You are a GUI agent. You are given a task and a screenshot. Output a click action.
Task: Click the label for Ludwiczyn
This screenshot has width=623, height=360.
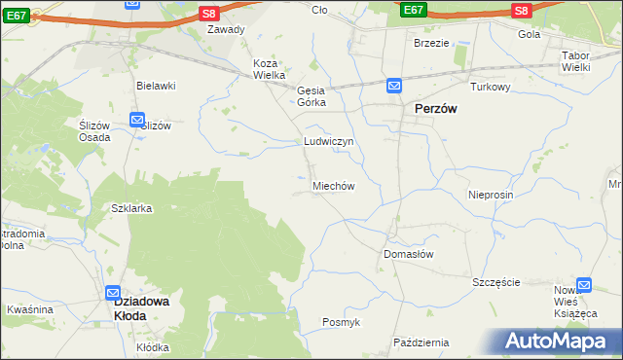coord(328,141)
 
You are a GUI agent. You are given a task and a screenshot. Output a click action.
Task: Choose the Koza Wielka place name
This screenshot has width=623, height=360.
coord(269,69)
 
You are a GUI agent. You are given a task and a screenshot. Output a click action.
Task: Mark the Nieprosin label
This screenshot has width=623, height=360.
coord(490,195)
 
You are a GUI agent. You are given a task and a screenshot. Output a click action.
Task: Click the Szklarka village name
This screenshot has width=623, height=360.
coord(132,208)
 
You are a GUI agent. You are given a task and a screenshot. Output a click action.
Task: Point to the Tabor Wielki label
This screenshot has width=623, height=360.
coord(582,62)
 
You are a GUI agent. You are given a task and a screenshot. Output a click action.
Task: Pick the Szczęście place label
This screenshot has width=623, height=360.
coord(496,282)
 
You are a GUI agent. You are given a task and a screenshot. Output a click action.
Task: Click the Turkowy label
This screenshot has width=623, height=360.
coord(491,87)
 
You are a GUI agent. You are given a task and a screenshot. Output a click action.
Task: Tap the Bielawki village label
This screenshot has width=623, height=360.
coord(156,86)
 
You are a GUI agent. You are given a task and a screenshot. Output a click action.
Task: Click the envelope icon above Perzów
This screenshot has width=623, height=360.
coord(394,87)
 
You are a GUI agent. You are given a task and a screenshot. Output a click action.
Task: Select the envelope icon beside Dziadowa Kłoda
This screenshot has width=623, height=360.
coord(113,293)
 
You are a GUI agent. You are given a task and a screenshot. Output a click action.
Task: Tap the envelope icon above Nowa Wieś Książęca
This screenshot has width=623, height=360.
coord(584,285)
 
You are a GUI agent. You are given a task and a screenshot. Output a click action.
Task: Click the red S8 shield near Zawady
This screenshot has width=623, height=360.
coord(209,13)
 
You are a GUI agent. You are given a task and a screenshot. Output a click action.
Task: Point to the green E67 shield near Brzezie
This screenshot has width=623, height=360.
coord(413,10)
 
